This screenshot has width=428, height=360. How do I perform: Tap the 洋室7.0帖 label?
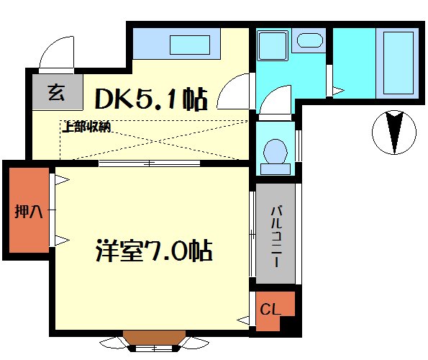pos(153,251)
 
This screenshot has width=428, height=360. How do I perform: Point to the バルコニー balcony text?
pos(276,235)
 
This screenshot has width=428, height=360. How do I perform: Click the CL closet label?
pos(269,310)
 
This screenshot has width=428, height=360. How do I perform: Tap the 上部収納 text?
pos(86,127)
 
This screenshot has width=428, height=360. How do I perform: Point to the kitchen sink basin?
pos(190,45)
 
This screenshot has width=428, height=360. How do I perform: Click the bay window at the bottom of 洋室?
pos(151,340)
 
